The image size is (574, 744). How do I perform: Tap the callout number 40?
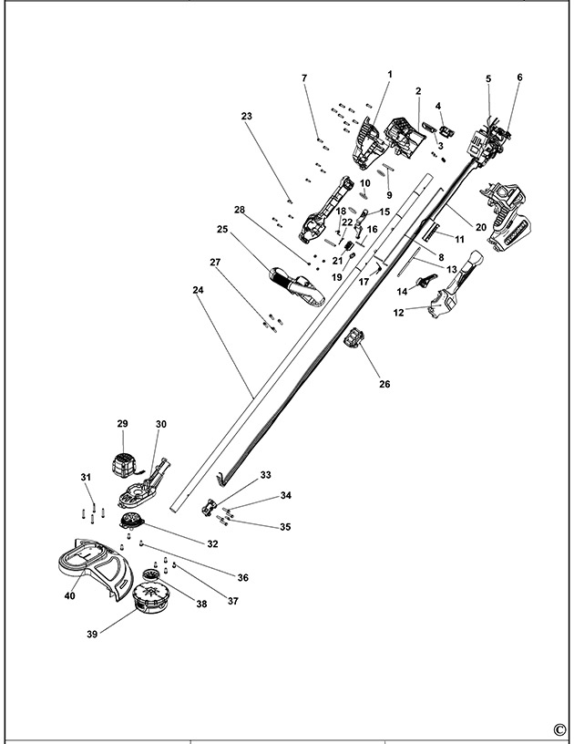[x=70, y=596]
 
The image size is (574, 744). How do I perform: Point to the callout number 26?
[x=384, y=384]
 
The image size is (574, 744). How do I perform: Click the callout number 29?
[x=123, y=424]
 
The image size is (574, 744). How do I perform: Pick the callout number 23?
[x=246, y=116]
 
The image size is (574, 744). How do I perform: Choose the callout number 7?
[x=304, y=78]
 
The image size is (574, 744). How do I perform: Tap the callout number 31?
[x=86, y=477]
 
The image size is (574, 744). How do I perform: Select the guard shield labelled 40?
[x=91, y=564]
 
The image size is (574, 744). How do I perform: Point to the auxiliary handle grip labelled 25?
[x=292, y=285]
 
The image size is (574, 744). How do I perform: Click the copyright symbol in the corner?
[x=559, y=728]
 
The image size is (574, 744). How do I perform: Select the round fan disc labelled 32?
[x=135, y=522]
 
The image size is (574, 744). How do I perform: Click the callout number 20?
[x=481, y=226]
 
